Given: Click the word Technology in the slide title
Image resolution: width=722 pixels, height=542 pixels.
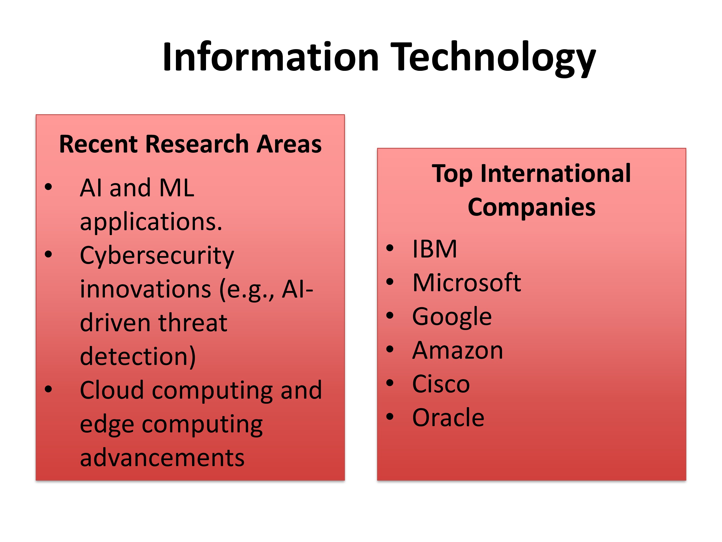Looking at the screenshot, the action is pos(493,59).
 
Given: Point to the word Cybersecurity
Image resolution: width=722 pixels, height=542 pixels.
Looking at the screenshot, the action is pos(157,257).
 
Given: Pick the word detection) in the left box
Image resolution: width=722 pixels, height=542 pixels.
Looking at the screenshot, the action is pos(138,357).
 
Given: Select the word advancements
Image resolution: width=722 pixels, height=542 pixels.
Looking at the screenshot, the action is pos(162,458).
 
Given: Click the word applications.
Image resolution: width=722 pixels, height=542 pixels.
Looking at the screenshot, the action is pos(151,222).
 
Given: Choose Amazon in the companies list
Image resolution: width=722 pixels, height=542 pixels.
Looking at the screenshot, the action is pos(458,350).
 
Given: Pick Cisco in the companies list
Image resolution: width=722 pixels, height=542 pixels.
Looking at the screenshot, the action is pos(441,384).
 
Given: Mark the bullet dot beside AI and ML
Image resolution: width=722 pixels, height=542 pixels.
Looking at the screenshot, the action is pos(48,187).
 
